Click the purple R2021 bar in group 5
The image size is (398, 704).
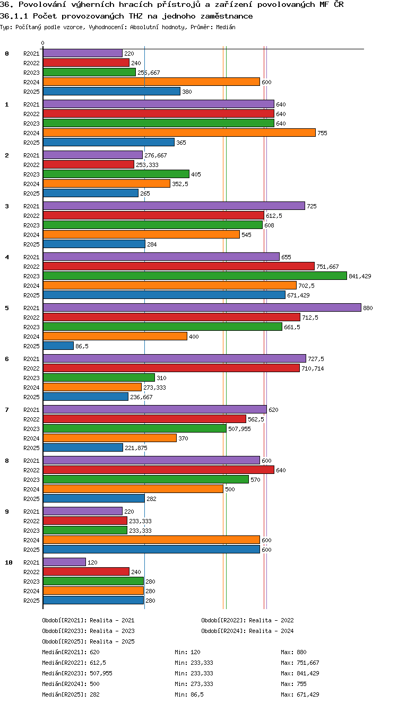pyautogui.click(x=202, y=307)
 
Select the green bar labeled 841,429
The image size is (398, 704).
pyautogui.click(x=195, y=276)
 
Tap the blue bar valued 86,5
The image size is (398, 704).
pyautogui.click(x=58, y=346)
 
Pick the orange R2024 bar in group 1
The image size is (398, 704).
pyautogui.click(x=179, y=133)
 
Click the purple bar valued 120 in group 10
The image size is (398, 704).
pyautogui.click(x=65, y=562)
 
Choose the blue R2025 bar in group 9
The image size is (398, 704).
pyautogui.click(x=151, y=549)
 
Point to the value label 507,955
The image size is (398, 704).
pyautogui.click(x=239, y=429)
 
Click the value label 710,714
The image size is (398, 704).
pyautogui.click(x=313, y=368)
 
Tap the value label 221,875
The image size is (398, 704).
pyautogui.click(x=136, y=448)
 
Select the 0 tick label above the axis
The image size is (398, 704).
pyautogui.click(x=43, y=43)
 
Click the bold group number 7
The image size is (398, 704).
pyautogui.click(x=7, y=409)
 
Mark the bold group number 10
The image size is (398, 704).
pyautogui.click(x=8, y=562)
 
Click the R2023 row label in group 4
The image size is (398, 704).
pyautogui.click(x=31, y=276)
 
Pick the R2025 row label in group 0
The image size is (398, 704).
pyautogui.click(x=31, y=92)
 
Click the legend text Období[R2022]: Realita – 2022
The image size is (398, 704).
pyautogui.click(x=247, y=620)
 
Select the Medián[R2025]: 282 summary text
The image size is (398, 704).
pyautogui.click(x=71, y=694)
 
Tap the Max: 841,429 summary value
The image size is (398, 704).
pyautogui.click(x=300, y=673)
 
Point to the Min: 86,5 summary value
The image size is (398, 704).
pyautogui.click(x=189, y=694)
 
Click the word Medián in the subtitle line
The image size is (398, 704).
pyautogui.click(x=226, y=27)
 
